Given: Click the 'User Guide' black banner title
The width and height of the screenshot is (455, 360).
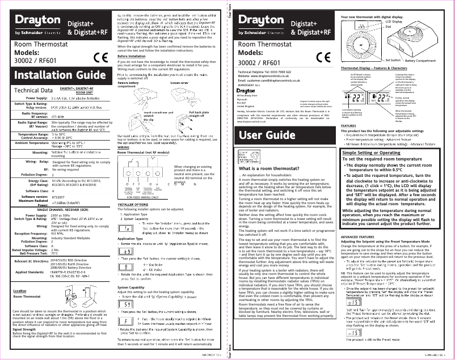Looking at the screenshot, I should coord(268,135).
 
